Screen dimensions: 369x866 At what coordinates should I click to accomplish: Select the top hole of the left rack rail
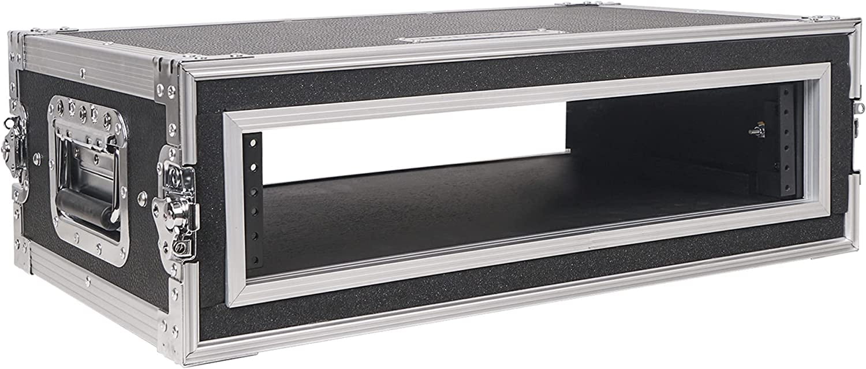click(252, 143)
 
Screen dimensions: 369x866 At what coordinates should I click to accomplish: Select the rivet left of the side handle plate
click(38, 156)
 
